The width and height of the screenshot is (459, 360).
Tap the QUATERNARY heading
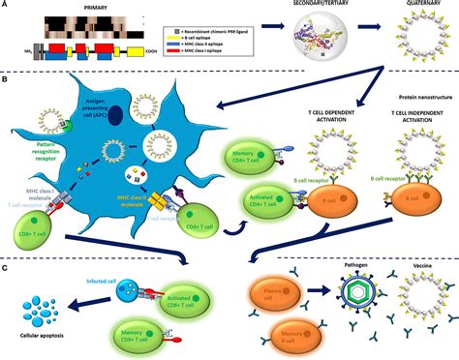click(421, 5)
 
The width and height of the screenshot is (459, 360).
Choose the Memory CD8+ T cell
click(144, 327)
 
